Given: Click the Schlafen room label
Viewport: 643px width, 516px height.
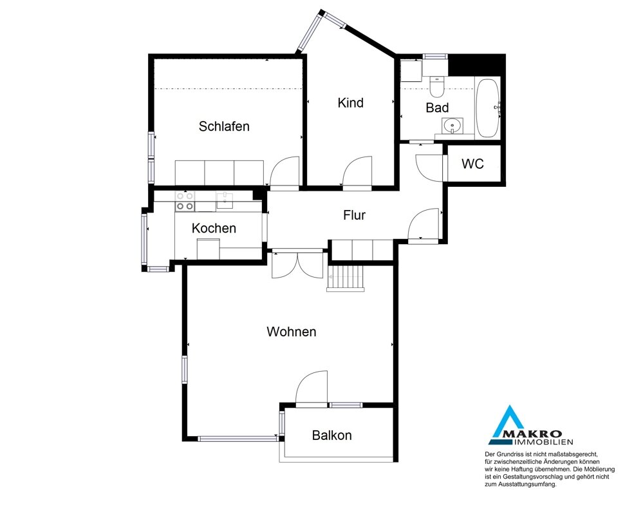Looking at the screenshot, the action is click(224, 126).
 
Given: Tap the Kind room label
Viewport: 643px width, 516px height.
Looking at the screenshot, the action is click(351, 102).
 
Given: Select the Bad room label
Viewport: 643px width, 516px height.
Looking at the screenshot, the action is click(437, 108).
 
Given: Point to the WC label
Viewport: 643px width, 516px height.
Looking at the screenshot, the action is click(473, 164).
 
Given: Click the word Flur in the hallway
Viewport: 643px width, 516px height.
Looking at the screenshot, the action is click(354, 215).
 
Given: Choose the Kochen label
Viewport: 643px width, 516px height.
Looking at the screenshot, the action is click(214, 228).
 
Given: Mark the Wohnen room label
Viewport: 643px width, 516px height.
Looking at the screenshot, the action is click(292, 332).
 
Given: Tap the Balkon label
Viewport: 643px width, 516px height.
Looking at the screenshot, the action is click(331, 435).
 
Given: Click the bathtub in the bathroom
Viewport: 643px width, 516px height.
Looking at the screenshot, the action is click(488, 108).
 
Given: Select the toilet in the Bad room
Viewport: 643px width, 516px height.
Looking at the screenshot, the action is click(436, 87).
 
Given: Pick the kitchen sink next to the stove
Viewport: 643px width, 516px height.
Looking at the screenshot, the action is click(225, 201).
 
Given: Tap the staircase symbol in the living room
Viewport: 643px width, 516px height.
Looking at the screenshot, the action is click(345, 278).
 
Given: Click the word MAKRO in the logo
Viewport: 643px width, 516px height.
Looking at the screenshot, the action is click(539, 434).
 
